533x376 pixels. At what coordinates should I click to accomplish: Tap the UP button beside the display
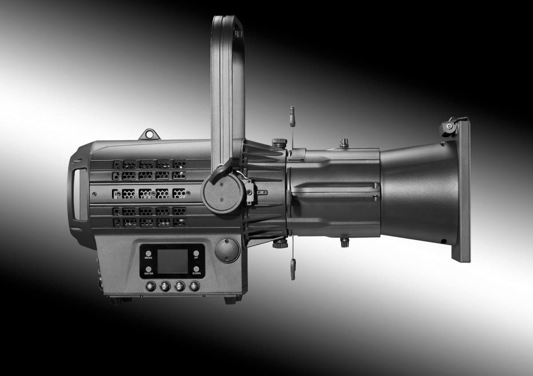tap(196, 253)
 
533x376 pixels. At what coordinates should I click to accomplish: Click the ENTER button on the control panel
tap(149, 269)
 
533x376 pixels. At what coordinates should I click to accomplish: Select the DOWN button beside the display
tap(196, 269)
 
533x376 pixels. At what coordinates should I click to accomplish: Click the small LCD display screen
tap(172, 261)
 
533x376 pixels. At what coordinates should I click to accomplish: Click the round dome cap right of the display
tap(227, 250)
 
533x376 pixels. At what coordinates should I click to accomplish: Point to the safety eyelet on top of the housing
tap(149, 134)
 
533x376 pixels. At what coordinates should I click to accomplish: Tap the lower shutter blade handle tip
tap(293, 269)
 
